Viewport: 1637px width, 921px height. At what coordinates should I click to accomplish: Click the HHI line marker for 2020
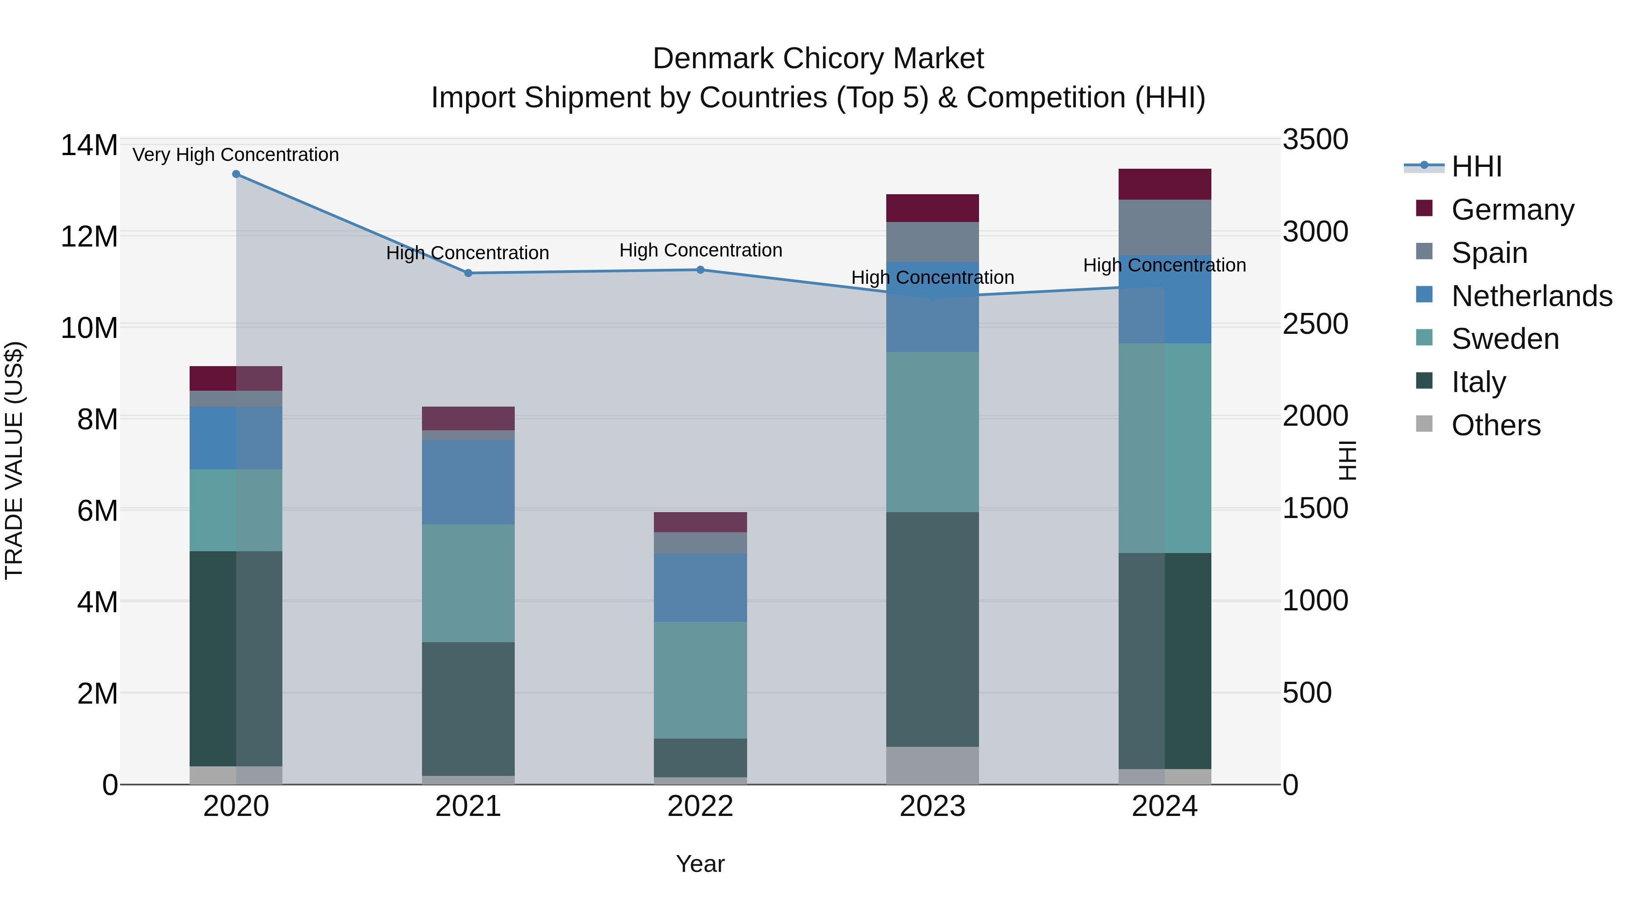click(236, 174)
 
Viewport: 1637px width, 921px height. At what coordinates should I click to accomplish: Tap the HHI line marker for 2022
click(700, 270)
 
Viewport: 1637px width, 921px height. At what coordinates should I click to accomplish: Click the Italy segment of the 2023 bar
click(932, 629)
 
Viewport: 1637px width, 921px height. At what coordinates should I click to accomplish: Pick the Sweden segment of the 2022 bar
click(700, 680)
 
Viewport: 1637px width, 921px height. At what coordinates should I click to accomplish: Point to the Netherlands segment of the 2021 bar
click(468, 483)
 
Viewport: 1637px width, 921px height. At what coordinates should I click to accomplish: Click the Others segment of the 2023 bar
click(932, 765)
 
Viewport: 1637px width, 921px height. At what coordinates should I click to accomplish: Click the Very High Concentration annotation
click(236, 155)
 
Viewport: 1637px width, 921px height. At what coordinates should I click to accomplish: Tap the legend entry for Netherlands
click(1532, 296)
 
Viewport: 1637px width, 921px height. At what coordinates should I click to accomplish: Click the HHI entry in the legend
click(1476, 166)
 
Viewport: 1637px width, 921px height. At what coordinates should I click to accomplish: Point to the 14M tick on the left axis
click(89, 146)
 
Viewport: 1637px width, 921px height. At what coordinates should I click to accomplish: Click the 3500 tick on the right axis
click(1315, 140)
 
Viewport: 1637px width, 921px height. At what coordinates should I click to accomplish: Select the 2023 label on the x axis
click(932, 806)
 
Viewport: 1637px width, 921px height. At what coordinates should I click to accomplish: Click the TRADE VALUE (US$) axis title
click(15, 460)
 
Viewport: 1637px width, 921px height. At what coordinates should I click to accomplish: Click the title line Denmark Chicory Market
click(818, 59)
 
